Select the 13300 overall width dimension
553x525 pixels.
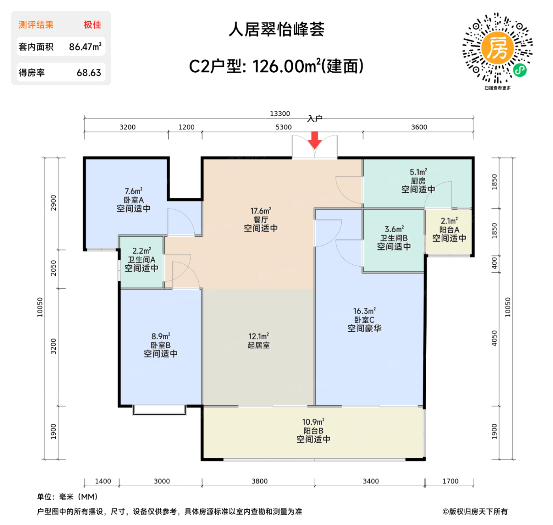click(x=280, y=114)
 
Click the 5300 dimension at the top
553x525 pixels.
click(x=283, y=127)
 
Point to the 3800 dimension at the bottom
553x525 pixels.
click(x=260, y=481)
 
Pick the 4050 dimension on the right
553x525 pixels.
click(x=494, y=338)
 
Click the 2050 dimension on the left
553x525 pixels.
click(x=53, y=268)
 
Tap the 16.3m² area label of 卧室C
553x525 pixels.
click(x=364, y=311)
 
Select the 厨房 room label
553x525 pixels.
click(x=418, y=181)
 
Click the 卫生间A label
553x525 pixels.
click(x=141, y=260)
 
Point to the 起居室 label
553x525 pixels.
click(x=259, y=345)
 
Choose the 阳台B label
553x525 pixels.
click(x=313, y=431)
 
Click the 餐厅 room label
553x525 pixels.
click(x=260, y=220)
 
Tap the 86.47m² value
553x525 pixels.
click(x=85, y=47)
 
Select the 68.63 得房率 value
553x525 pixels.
click(x=89, y=73)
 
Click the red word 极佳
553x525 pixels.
click(x=92, y=25)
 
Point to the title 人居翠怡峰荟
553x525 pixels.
click(x=276, y=29)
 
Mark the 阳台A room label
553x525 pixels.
click(x=449, y=230)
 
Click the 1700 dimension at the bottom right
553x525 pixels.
click(x=450, y=481)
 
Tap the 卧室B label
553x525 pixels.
click(x=160, y=345)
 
